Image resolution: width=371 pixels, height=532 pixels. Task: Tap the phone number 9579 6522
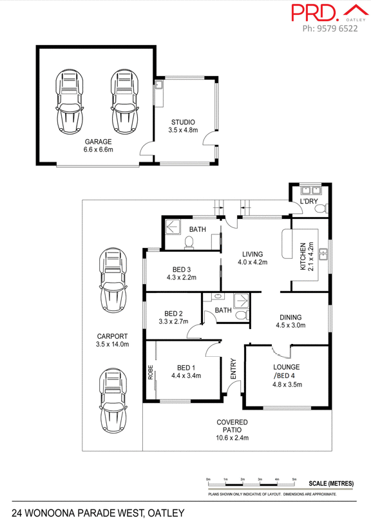[x=330, y=29]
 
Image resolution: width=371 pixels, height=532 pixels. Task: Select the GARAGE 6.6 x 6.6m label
[x=98, y=146]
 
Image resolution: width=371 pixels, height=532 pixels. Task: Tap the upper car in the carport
[x=112, y=281]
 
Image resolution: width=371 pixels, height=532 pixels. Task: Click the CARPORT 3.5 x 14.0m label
[x=113, y=340]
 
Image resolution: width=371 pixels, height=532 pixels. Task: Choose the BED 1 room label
[x=186, y=371]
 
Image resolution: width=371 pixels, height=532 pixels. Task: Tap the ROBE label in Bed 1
[x=151, y=372]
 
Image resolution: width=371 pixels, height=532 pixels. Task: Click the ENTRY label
[x=233, y=369]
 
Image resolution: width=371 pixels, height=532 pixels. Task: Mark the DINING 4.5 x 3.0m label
[x=290, y=321]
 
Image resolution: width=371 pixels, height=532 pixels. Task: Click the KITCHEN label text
[x=303, y=257]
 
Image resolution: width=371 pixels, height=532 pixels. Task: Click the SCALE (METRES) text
[x=331, y=483]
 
